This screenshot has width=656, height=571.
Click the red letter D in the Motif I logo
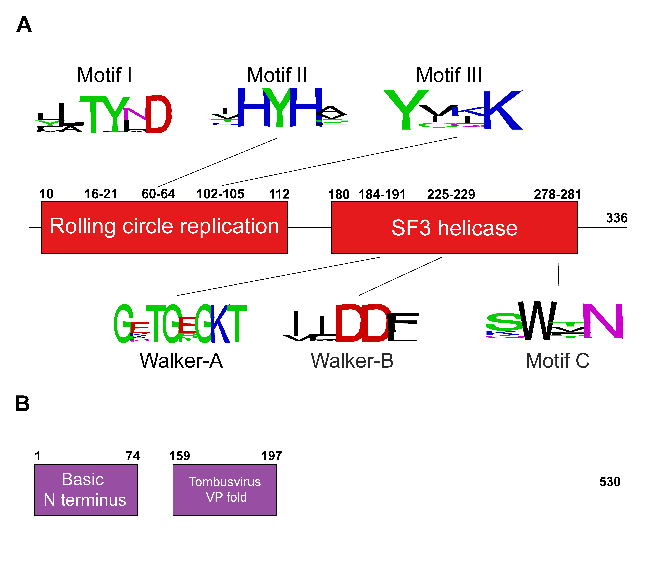click(x=158, y=114)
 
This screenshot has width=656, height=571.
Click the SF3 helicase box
click(x=454, y=227)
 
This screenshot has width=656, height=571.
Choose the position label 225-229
click(x=451, y=194)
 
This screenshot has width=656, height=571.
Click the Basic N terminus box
click(x=86, y=490)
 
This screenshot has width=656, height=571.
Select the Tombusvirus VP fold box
click(x=225, y=490)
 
